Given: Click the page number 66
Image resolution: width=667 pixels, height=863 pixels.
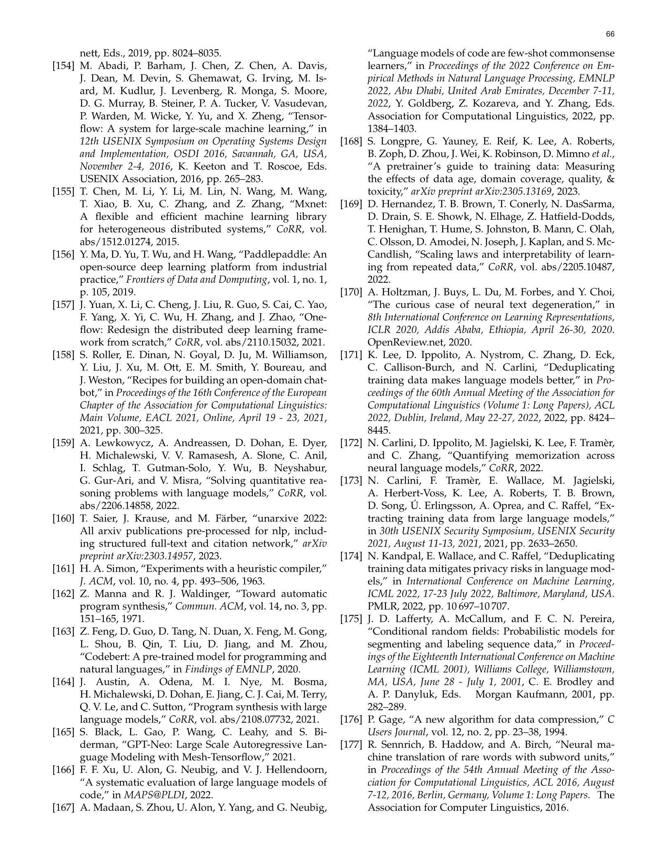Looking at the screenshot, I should [610, 35].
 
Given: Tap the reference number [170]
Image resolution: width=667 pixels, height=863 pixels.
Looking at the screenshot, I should [351, 292].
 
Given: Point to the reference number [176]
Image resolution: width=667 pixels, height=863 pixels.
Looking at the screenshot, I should [351, 720].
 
